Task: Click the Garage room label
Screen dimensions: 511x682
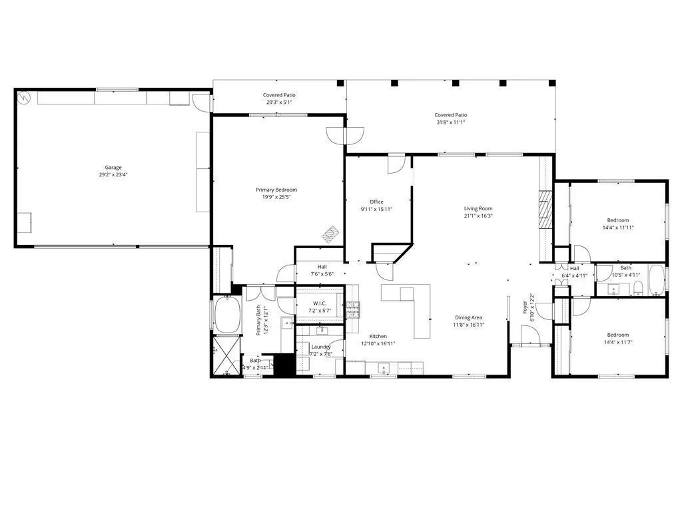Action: tap(113, 168)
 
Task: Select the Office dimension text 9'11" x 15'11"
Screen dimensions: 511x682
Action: tap(376, 210)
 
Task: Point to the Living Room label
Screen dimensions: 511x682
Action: tap(478, 209)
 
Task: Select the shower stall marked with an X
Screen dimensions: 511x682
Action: tap(225, 356)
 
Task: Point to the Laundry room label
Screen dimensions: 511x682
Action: tap(321, 347)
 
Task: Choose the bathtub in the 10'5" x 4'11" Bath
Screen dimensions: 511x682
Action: tap(656, 280)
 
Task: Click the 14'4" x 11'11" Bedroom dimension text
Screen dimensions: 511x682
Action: tap(617, 228)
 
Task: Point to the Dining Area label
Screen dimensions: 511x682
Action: tap(469, 318)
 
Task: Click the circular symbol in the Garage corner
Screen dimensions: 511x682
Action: tap(23, 96)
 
